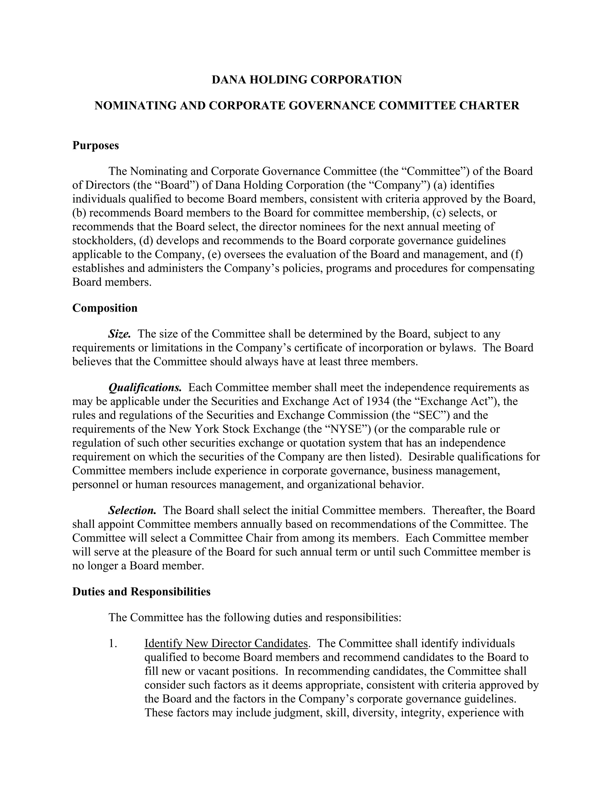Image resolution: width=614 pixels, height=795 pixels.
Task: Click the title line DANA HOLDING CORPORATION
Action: coord(307,80)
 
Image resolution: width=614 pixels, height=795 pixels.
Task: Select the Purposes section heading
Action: coord(96,145)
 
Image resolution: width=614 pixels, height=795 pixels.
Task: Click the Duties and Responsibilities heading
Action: coord(141,592)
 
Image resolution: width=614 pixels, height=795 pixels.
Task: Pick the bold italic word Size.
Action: coord(119,334)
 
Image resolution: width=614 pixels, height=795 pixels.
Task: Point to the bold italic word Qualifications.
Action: coord(145,387)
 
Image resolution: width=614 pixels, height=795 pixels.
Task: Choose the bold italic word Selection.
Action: coord(132,510)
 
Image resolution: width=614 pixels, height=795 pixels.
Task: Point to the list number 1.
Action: coord(113,643)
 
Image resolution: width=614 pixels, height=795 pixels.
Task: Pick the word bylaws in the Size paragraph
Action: coord(457,348)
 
